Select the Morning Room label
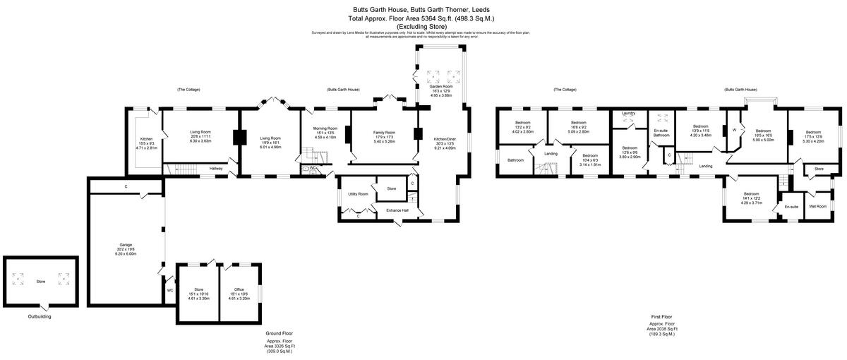click(325, 128)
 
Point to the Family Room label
click(384, 133)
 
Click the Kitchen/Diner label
click(445, 139)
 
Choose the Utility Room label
click(358, 193)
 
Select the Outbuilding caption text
click(40, 316)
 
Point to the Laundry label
click(629, 113)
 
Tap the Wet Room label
click(817, 206)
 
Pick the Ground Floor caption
click(280, 332)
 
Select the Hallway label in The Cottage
click(216, 168)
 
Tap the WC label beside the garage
click(170, 290)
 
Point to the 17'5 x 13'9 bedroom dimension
click(813, 136)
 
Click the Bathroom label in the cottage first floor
click(515, 160)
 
